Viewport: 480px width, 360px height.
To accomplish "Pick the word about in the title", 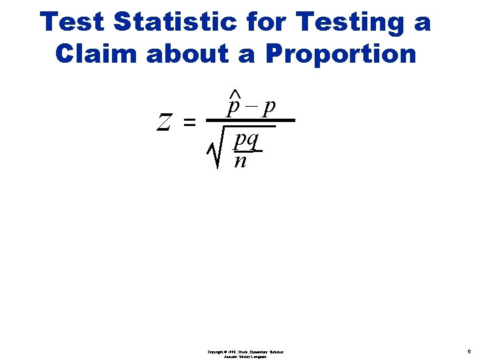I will (195, 54).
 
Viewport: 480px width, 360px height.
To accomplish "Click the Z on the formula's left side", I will (164, 122).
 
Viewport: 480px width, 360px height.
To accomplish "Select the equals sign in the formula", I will (189, 123).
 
